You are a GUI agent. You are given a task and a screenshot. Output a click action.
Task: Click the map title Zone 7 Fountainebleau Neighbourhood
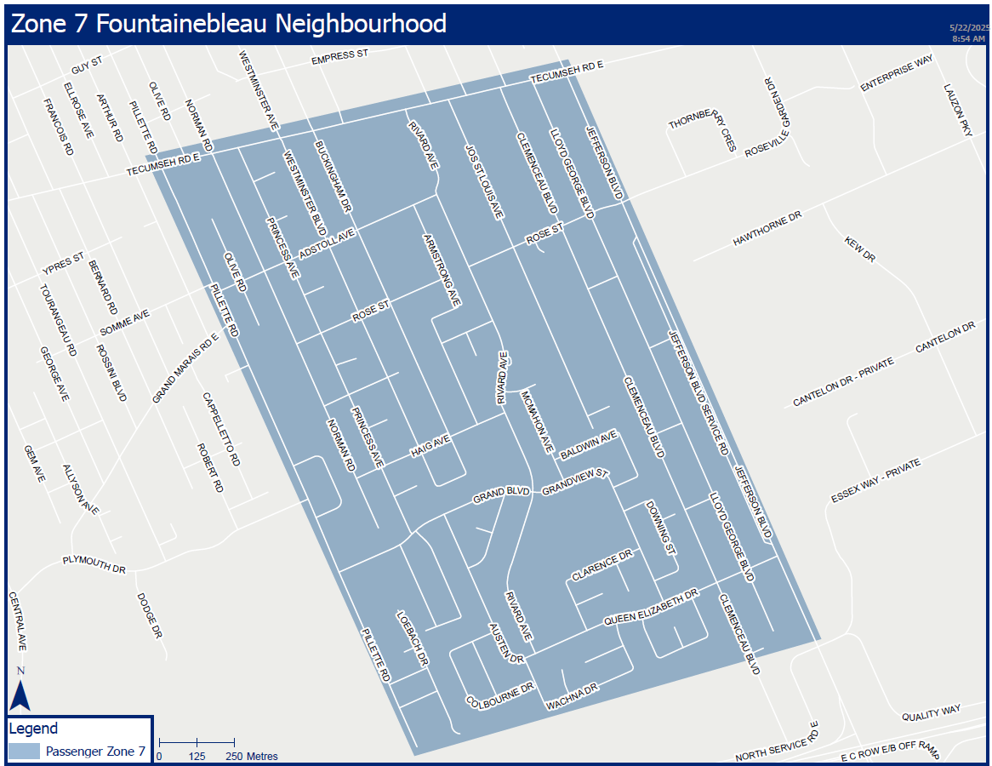click(228, 23)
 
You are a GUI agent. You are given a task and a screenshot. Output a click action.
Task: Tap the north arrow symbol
click(20, 690)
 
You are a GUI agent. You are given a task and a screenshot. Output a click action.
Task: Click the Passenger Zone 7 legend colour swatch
click(24, 751)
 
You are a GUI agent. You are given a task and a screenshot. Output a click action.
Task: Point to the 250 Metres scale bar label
click(252, 756)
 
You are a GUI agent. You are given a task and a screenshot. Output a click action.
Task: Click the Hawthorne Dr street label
click(767, 230)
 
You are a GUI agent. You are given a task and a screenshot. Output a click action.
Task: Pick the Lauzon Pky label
click(957, 110)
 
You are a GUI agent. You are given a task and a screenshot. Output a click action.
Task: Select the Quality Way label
click(932, 709)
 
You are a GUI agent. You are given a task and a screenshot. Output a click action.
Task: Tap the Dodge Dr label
click(148, 615)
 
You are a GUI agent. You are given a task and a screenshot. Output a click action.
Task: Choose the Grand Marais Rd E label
click(185, 368)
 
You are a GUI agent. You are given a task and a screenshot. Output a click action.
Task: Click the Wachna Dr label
click(573, 696)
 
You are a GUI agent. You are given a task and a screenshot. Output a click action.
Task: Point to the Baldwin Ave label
click(588, 445)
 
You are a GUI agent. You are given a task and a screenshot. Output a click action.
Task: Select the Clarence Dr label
click(602, 565)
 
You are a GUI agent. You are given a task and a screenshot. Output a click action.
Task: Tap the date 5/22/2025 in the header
click(967, 28)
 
